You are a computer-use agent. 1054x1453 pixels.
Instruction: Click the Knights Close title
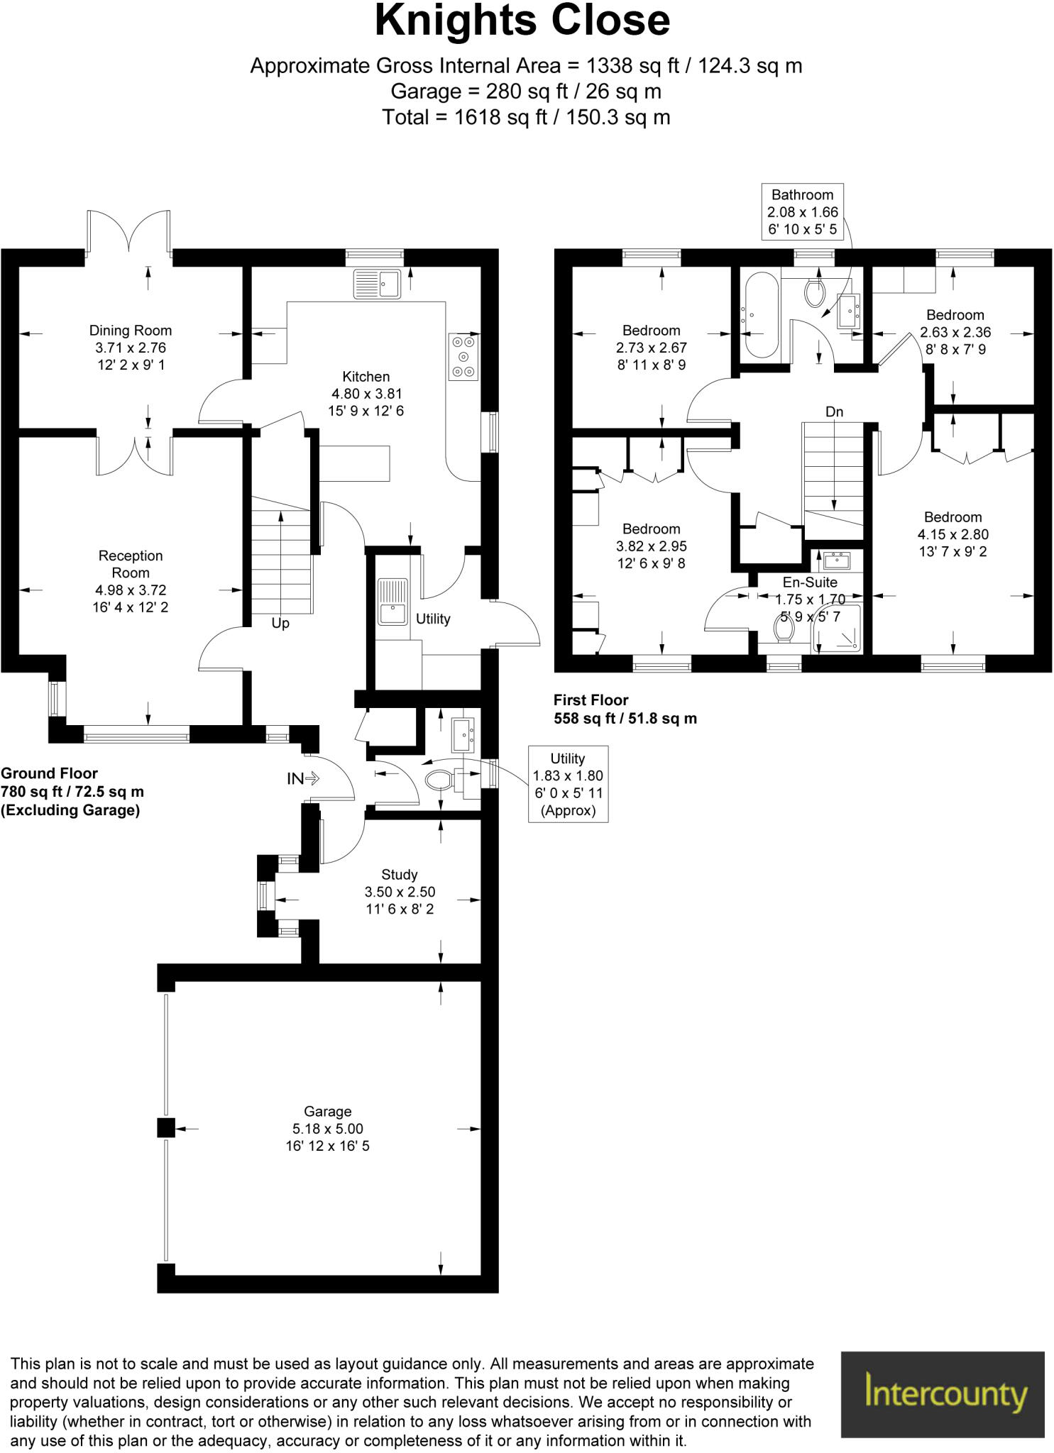click(x=522, y=21)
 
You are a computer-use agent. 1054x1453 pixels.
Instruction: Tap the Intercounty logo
click(x=943, y=1393)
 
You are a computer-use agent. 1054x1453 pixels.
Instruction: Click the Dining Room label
click(x=131, y=331)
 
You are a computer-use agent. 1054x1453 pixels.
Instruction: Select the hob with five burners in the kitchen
click(x=464, y=357)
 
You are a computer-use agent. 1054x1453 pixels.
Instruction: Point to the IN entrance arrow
click(x=304, y=778)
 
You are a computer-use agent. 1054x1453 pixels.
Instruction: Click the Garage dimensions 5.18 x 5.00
click(x=327, y=1129)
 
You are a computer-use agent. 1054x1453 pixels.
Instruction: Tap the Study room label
click(x=400, y=875)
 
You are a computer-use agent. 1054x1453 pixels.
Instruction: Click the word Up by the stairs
click(x=280, y=624)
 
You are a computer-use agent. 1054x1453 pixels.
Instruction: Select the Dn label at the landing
click(x=834, y=411)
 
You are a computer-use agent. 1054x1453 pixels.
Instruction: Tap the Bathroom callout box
click(x=802, y=211)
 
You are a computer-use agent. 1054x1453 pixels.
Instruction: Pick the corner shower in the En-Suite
click(x=840, y=628)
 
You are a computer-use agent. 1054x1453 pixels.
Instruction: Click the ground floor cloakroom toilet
click(x=441, y=780)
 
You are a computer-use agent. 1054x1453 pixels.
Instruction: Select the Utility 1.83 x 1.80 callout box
click(x=568, y=784)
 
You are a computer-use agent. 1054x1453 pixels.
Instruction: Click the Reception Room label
click(x=131, y=564)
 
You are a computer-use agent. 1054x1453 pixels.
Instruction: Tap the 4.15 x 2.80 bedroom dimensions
click(x=953, y=535)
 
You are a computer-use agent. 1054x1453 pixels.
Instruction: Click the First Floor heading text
click(x=591, y=700)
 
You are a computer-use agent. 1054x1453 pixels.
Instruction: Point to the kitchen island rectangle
click(x=354, y=463)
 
